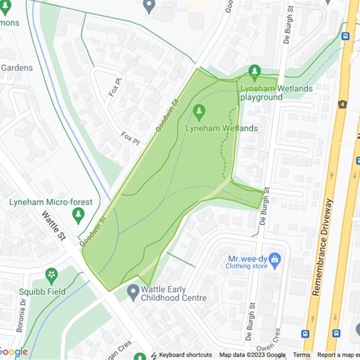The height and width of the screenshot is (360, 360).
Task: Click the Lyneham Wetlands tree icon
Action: [199, 112]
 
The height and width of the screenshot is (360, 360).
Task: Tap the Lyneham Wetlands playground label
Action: [276, 93]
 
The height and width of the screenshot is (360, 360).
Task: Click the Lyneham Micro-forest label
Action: [50, 202]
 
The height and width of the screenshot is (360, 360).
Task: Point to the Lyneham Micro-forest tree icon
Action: [78, 215]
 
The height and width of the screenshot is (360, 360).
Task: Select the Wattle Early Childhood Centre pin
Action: [133, 292]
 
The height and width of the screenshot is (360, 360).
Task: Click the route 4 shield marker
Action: [342, 104]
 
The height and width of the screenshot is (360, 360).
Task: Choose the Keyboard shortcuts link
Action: [185, 355]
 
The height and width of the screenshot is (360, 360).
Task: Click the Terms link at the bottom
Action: [301, 355]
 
